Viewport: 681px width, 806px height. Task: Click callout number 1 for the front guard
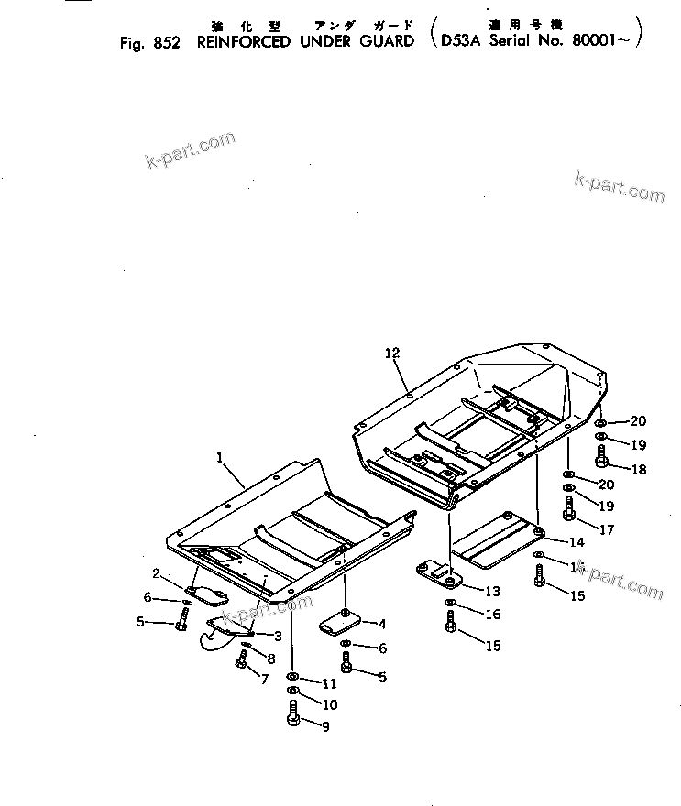220,456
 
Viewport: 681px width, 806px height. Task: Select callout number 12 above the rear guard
392,353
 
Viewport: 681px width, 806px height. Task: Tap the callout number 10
329,704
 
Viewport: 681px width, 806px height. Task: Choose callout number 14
577,541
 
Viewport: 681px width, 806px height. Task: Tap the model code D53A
460,41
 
